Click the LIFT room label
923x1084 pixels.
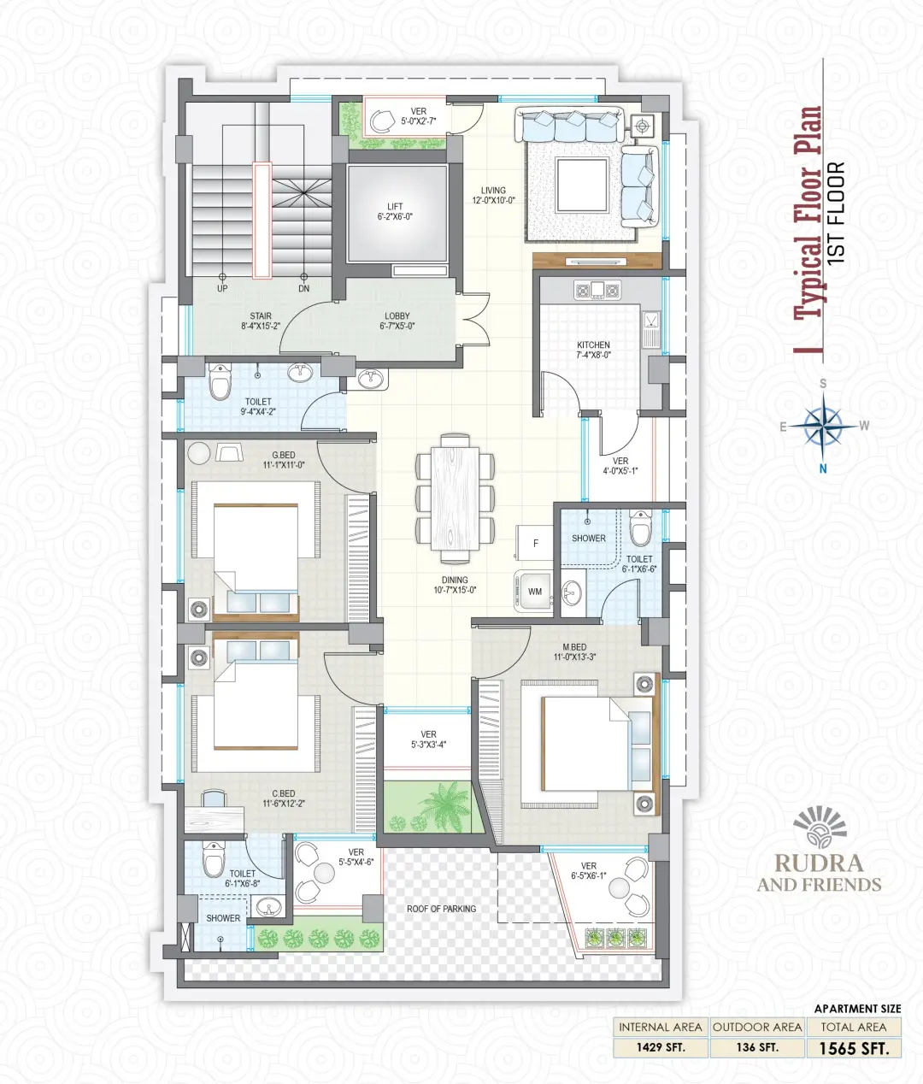coord(395,207)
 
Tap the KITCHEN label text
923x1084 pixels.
coord(593,345)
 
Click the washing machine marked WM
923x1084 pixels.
coord(534,591)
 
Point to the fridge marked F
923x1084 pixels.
coord(534,543)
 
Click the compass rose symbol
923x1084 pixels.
coord(823,427)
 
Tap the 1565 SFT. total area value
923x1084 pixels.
coord(854,1049)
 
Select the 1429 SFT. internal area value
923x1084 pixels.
coord(661,1048)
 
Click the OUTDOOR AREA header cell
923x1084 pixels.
coord(756,1028)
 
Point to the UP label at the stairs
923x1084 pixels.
coord(222,288)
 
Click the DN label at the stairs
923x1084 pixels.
coord(303,288)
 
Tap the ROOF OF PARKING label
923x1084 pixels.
coord(441,908)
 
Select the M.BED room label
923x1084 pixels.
coord(574,647)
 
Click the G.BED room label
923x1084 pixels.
coord(283,455)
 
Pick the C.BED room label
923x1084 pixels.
coord(283,793)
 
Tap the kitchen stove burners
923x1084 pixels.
coord(597,290)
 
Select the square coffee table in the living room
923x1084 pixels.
coord(582,185)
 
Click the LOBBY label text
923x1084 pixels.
coord(397,316)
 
